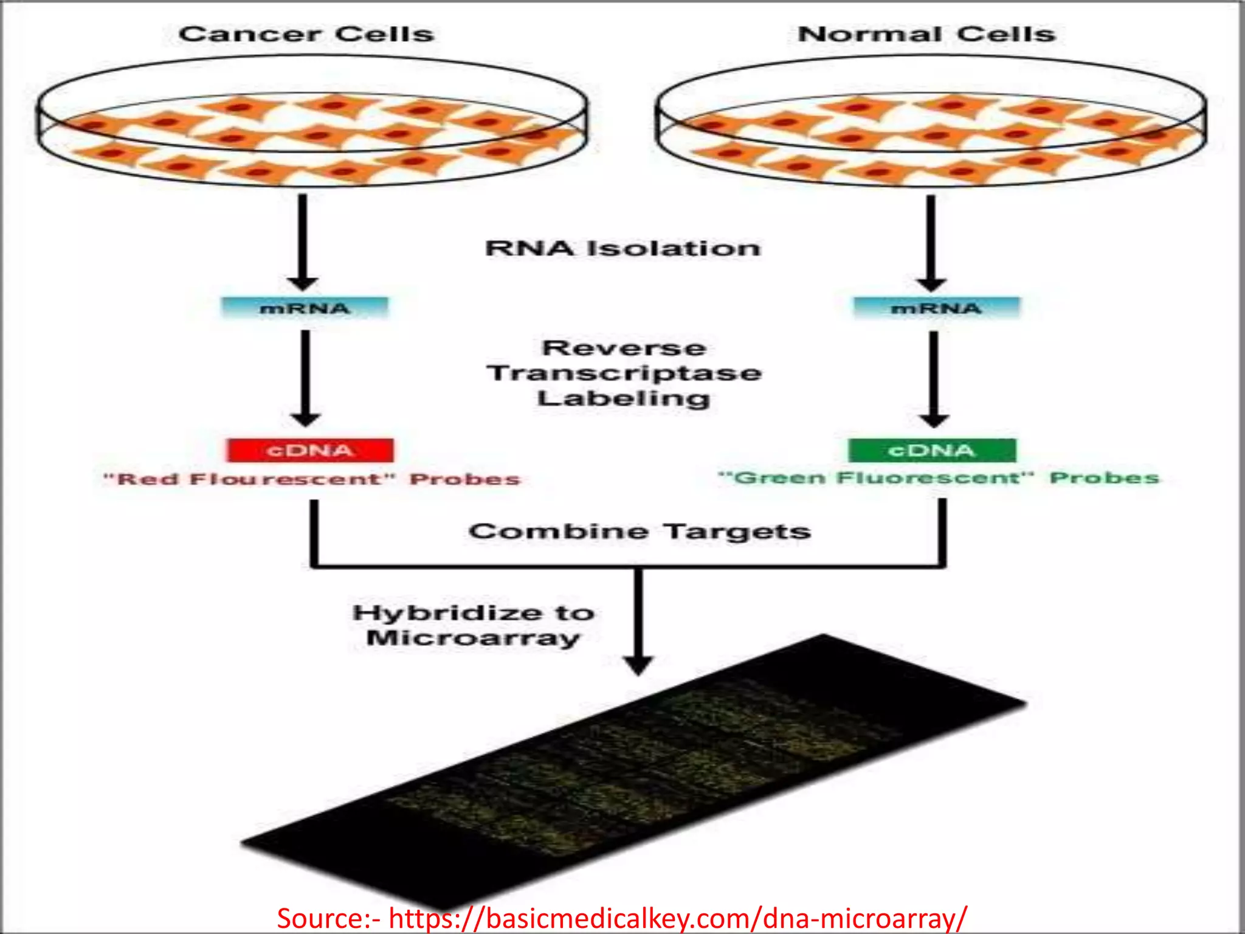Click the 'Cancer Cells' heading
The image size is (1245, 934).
[306, 34]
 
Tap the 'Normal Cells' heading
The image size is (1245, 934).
[926, 34]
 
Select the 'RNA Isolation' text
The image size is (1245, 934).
[623, 248]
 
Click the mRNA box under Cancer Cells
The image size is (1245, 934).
[305, 308]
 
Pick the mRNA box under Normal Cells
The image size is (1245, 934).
[936, 308]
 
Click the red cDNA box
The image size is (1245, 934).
[310, 451]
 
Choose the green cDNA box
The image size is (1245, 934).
[932, 451]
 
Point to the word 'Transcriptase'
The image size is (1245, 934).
[624, 373]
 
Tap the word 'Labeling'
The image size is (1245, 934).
[624, 399]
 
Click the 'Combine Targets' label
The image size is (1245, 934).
[640, 531]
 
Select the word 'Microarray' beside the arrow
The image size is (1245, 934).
[473, 638]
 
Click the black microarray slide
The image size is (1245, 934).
[632, 772]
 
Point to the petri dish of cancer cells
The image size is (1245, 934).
[312, 122]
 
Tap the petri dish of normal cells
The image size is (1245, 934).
[931, 122]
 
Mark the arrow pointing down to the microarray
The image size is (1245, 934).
[638, 620]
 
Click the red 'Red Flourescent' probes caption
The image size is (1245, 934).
[311, 479]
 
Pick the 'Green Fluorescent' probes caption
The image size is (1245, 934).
[939, 478]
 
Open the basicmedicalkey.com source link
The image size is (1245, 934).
[678, 917]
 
